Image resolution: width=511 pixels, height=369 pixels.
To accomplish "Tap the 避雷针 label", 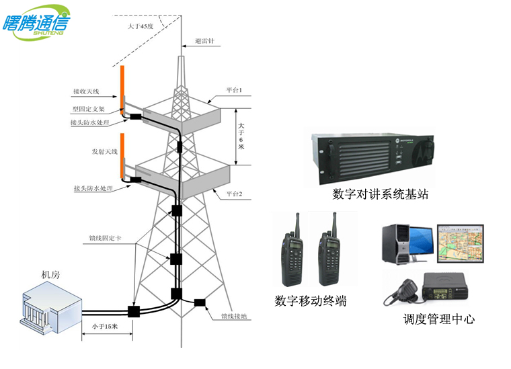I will [x=204, y=41].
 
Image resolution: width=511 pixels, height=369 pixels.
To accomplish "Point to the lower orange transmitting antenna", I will [x=122, y=155].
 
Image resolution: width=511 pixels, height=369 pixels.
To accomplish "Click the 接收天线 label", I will [x=86, y=90].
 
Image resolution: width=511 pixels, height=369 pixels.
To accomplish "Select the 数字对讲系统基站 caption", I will [x=381, y=194].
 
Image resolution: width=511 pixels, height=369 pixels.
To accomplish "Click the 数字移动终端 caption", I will [x=311, y=301].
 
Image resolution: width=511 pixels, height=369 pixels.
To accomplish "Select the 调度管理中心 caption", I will [x=439, y=319].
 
